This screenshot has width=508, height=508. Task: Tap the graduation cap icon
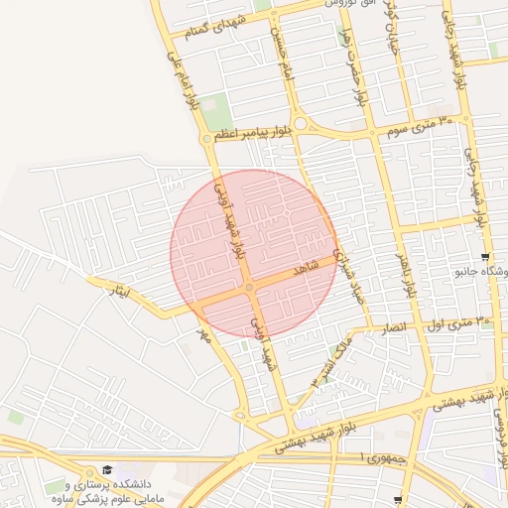pyautogui.click(x=107, y=469)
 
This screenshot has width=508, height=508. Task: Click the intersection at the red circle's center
pyautogui.click(x=250, y=288)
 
